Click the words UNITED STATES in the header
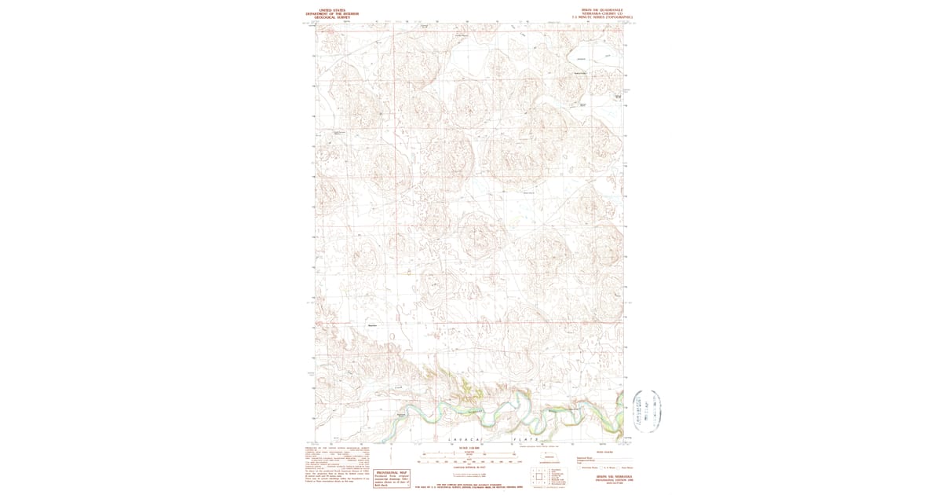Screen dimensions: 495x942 click(x=332, y=9)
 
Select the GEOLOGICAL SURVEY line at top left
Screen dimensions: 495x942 click(x=332, y=17)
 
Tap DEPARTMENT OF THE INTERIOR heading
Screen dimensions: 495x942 click(x=332, y=13)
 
